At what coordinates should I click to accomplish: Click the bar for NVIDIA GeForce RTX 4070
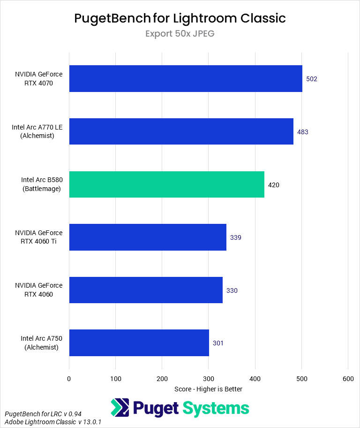click(x=185, y=78)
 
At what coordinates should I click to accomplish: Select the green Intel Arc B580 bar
click(x=166, y=184)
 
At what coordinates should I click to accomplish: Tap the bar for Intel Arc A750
click(x=139, y=343)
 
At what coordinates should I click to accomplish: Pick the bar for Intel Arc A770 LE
click(x=181, y=131)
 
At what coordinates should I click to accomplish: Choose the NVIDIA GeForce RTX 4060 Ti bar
click(x=148, y=237)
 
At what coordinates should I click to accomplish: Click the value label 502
click(x=312, y=79)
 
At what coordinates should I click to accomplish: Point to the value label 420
click(x=274, y=185)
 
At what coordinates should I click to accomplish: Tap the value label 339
click(x=236, y=237)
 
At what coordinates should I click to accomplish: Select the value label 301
click(x=218, y=343)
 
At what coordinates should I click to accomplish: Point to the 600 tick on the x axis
click(x=347, y=379)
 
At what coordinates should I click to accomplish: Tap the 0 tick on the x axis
click(x=69, y=379)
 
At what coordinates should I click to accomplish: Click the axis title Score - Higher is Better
click(x=208, y=389)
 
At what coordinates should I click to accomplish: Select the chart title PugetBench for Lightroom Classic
click(x=180, y=18)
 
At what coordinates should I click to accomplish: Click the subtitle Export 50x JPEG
click(x=180, y=34)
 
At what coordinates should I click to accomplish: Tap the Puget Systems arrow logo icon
click(x=120, y=408)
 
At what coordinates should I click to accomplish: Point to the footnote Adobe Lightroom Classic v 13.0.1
click(x=53, y=422)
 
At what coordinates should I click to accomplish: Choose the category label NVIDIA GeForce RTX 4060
click(x=38, y=290)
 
